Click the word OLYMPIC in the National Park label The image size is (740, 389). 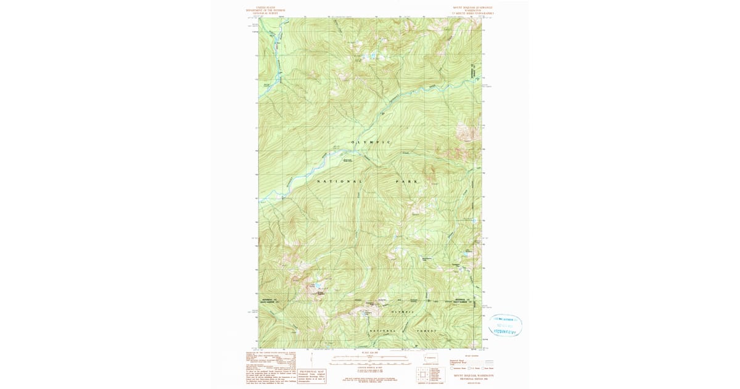371,143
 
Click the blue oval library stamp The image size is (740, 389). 505,325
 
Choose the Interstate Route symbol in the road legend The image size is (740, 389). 452,368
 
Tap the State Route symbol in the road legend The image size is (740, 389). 485,368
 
